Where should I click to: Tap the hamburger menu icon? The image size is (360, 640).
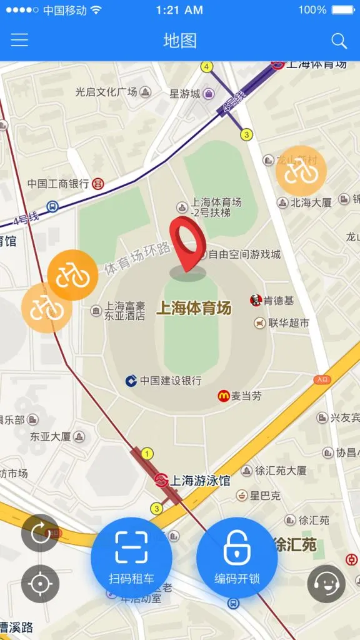[x=19, y=41]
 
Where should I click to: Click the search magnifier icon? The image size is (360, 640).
[x=339, y=41]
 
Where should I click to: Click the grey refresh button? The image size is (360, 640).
[x=40, y=532]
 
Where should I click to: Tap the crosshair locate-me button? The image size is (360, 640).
[x=40, y=584]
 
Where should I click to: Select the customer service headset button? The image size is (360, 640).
[x=326, y=584]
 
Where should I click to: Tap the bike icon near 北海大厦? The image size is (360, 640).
[x=301, y=171]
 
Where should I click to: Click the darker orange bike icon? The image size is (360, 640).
[x=72, y=275]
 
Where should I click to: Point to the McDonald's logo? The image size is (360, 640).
[x=223, y=396]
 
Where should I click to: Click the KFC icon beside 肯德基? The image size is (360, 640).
[x=256, y=301]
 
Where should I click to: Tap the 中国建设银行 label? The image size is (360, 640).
[x=170, y=381]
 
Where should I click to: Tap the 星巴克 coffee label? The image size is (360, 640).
[x=265, y=496]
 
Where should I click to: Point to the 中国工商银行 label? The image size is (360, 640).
[x=58, y=184]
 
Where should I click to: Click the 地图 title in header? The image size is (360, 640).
[x=180, y=41]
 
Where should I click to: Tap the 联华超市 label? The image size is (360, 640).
[x=289, y=323]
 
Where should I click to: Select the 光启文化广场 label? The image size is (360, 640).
[x=106, y=92]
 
